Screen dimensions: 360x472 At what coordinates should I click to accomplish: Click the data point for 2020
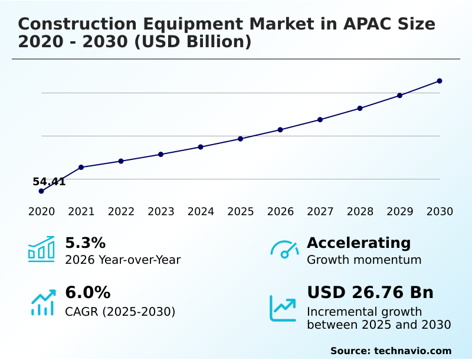point(41,191)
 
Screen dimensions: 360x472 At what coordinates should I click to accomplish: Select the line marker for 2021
point(81,167)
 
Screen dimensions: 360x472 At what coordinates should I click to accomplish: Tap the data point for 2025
point(241,139)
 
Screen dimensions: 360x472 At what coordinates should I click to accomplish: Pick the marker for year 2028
point(360,108)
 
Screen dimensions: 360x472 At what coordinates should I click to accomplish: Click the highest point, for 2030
point(440,81)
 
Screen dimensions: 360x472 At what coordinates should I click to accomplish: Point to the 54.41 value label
point(49,182)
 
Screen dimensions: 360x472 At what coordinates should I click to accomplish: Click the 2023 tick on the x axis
point(161,212)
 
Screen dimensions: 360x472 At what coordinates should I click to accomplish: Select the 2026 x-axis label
point(280,212)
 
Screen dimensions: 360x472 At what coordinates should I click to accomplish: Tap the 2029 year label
point(400,212)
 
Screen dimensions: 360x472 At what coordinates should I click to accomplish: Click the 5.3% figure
point(85,243)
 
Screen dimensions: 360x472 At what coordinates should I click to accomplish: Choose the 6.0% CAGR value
point(87,293)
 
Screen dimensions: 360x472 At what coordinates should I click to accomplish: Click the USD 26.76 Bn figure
point(370,293)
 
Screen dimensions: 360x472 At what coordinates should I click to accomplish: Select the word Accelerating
point(359,243)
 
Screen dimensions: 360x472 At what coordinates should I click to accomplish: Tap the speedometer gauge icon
point(284,250)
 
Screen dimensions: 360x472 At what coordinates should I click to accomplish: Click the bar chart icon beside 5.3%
point(41,250)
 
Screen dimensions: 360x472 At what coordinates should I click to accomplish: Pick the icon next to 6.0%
point(42,303)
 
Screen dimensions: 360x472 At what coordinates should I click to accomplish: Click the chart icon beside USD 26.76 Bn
point(283,308)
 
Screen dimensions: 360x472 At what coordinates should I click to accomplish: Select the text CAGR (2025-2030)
point(120,312)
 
